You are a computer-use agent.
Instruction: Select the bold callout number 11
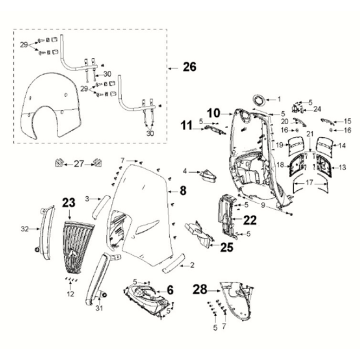pos(185,125)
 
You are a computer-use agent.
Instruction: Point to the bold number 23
pos(69,203)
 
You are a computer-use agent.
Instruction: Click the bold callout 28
pos(200,289)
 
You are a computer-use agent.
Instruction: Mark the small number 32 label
pos(25,229)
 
